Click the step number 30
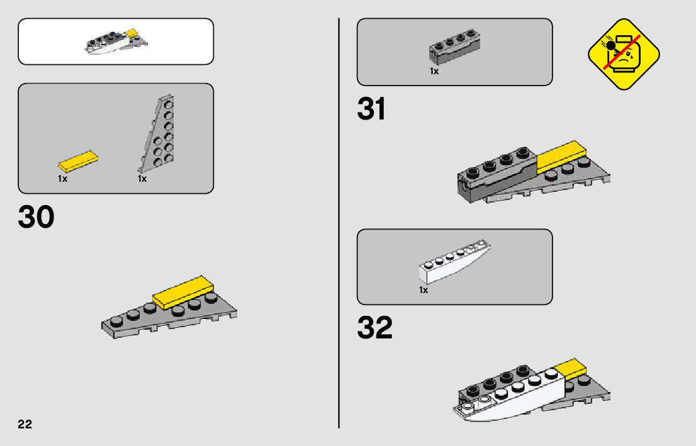(x=36, y=218)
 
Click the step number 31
(x=371, y=109)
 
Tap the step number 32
(x=374, y=328)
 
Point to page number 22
(x=25, y=423)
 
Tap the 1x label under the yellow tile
(x=62, y=179)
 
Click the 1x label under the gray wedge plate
(x=142, y=179)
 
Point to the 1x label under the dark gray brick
(x=434, y=72)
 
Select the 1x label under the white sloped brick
(x=424, y=290)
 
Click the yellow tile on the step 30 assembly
(x=183, y=291)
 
